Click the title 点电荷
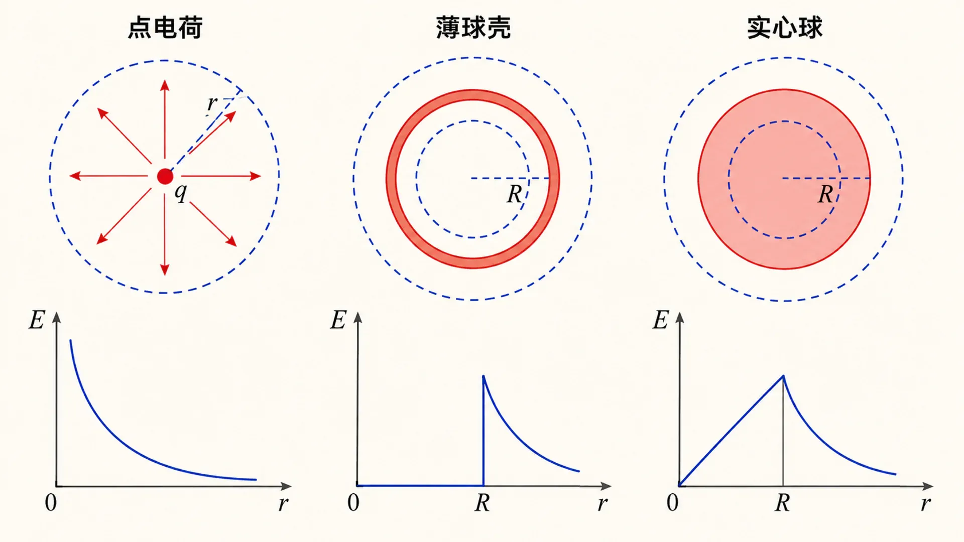(x=165, y=28)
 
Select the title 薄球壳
(x=473, y=28)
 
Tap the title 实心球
(x=784, y=28)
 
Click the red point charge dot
(x=165, y=177)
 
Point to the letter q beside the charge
(x=181, y=193)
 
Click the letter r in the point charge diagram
(x=212, y=103)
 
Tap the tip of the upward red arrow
(x=165, y=80)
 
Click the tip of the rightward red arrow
(x=261, y=176)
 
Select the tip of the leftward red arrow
(x=70, y=176)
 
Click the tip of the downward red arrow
(x=165, y=275)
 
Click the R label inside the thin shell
(x=514, y=194)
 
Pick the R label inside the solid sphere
(x=826, y=194)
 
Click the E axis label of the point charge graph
(x=37, y=320)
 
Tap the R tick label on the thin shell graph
(x=483, y=502)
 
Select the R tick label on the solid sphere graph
(x=782, y=502)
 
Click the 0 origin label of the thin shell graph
(x=353, y=502)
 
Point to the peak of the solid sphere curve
(x=783, y=375)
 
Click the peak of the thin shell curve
(x=483, y=375)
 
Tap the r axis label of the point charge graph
(x=283, y=503)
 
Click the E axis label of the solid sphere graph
(x=661, y=320)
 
